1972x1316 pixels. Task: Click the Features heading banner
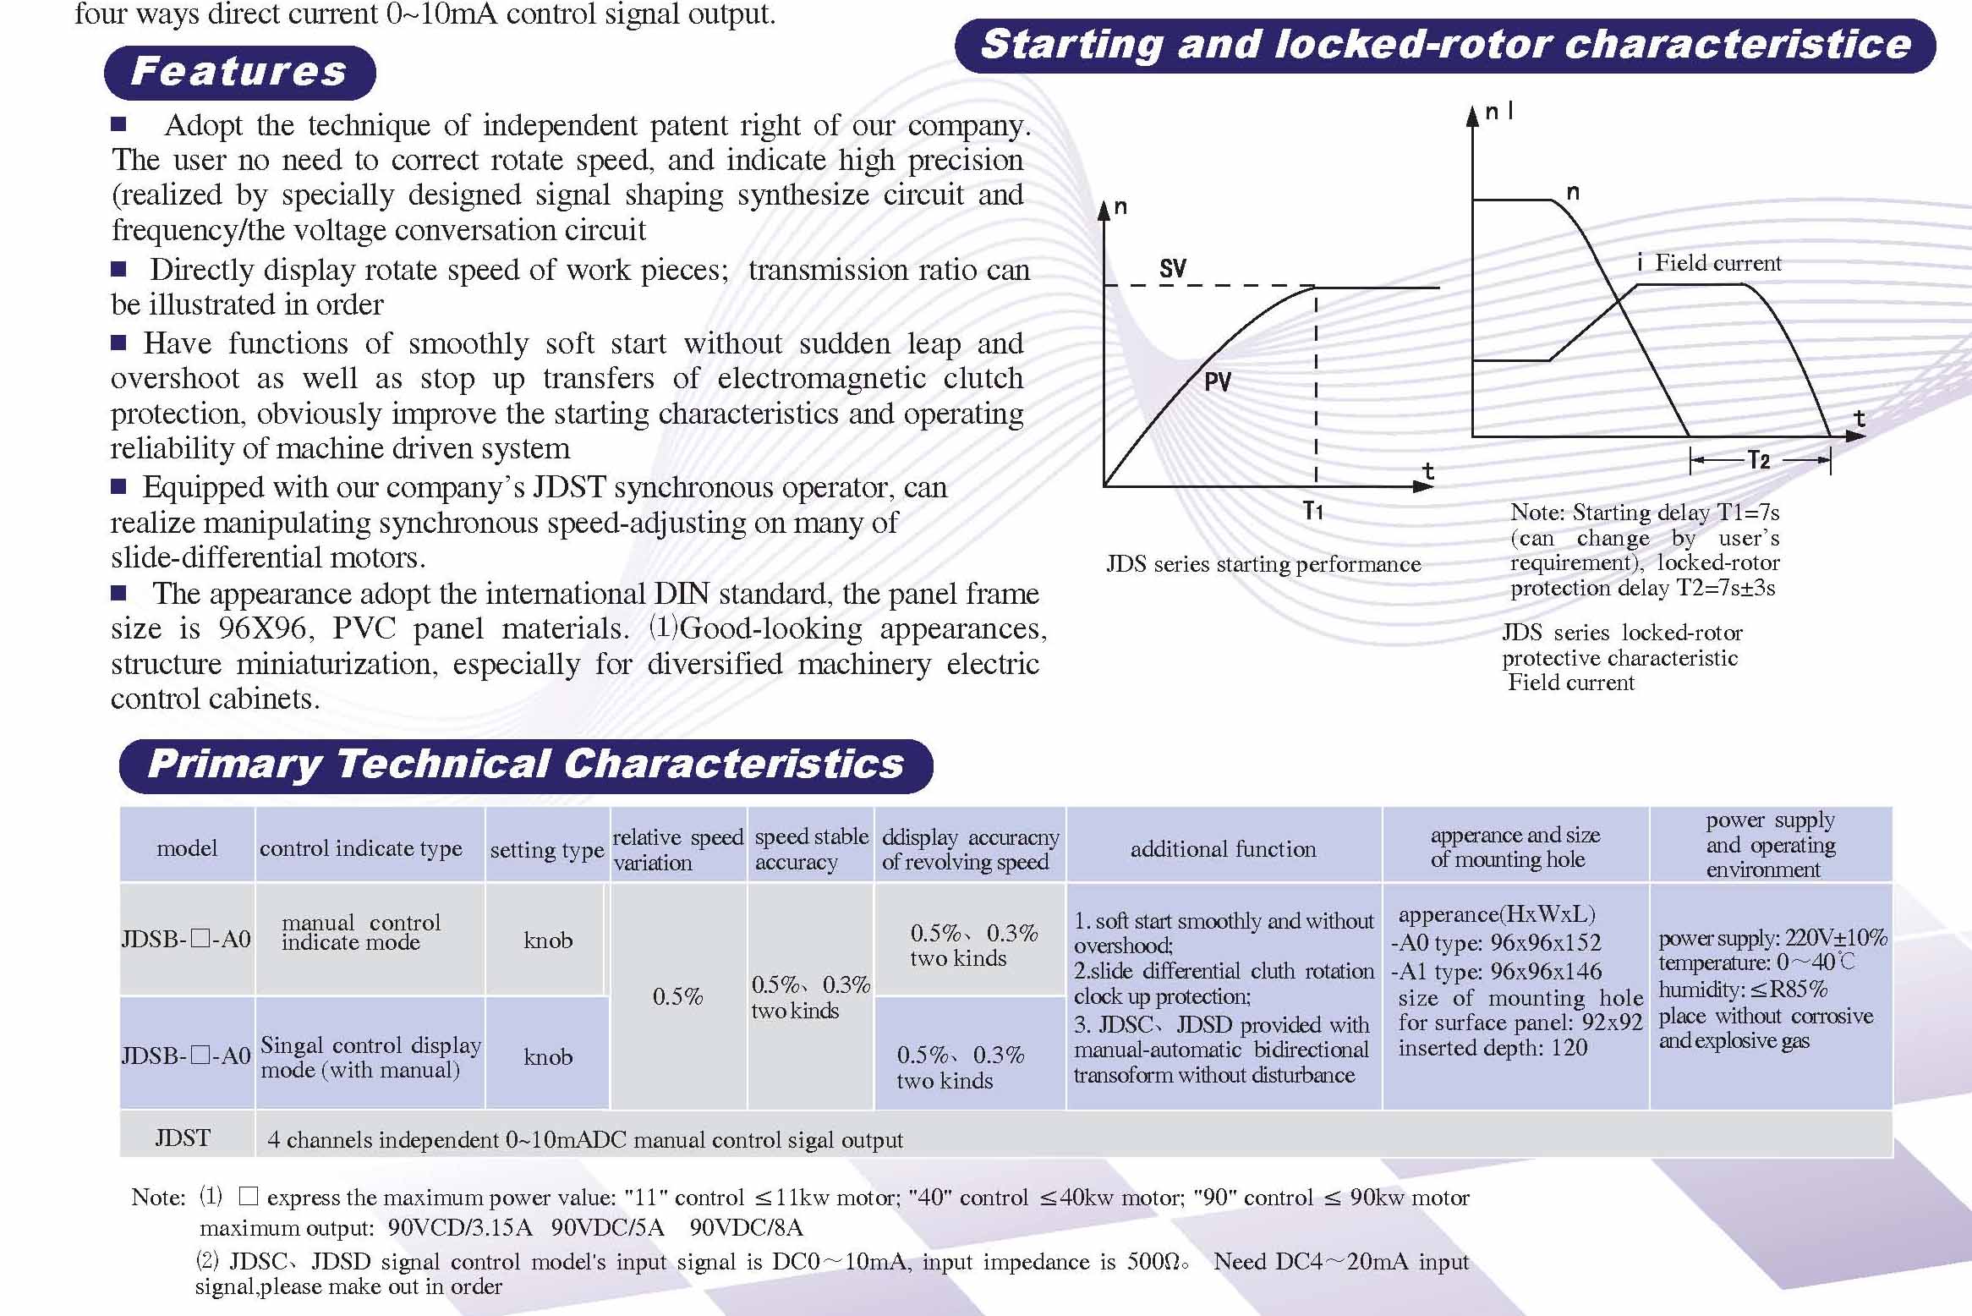tap(239, 72)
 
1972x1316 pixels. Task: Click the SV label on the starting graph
tap(1173, 269)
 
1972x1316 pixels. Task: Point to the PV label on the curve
tap(1218, 382)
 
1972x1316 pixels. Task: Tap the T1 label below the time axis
tap(1312, 511)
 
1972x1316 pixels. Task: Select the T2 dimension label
tap(1759, 460)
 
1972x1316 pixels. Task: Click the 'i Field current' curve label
tap(1709, 263)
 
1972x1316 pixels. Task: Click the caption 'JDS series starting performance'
tap(1263, 564)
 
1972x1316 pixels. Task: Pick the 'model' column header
tap(187, 847)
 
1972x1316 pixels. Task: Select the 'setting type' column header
tap(547, 849)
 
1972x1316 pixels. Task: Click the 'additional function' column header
tap(1223, 848)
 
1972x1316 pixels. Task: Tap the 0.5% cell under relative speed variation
tap(677, 996)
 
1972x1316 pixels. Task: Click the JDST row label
tap(183, 1138)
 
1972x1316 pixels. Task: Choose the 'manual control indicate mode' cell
tap(361, 932)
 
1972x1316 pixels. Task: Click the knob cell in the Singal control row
tap(548, 1056)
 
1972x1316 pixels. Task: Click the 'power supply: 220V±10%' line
tap(1772, 938)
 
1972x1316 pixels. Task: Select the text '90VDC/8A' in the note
tap(746, 1227)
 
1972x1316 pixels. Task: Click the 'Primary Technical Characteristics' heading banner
tap(526, 765)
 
